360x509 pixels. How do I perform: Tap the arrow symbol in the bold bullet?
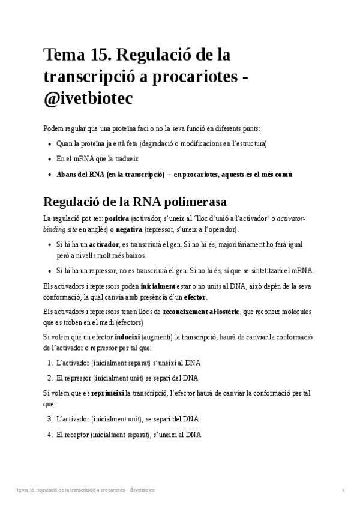click(x=169, y=175)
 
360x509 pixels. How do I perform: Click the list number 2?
click(x=50, y=378)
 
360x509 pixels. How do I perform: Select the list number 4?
click(x=50, y=435)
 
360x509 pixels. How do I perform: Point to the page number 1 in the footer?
click(x=343, y=491)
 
